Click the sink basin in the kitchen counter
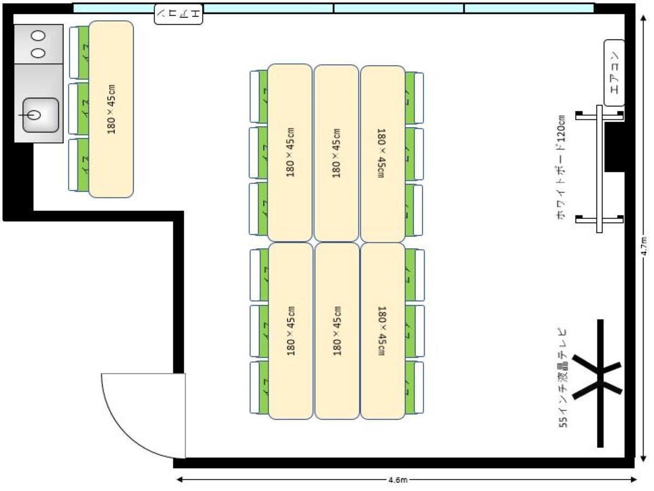click(x=40, y=115)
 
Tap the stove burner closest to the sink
click(x=38, y=53)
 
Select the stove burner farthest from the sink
click(x=38, y=36)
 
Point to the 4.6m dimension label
click(x=398, y=480)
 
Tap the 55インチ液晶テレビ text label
click(x=563, y=378)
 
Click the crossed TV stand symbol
click(x=599, y=382)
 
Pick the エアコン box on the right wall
click(x=614, y=73)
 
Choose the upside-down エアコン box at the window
click(x=179, y=14)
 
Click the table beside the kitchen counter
click(x=111, y=109)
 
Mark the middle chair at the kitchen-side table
click(x=79, y=109)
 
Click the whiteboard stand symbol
click(x=599, y=169)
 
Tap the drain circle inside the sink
click(x=34, y=115)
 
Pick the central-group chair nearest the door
click(x=259, y=388)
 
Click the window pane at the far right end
click(x=529, y=8)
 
